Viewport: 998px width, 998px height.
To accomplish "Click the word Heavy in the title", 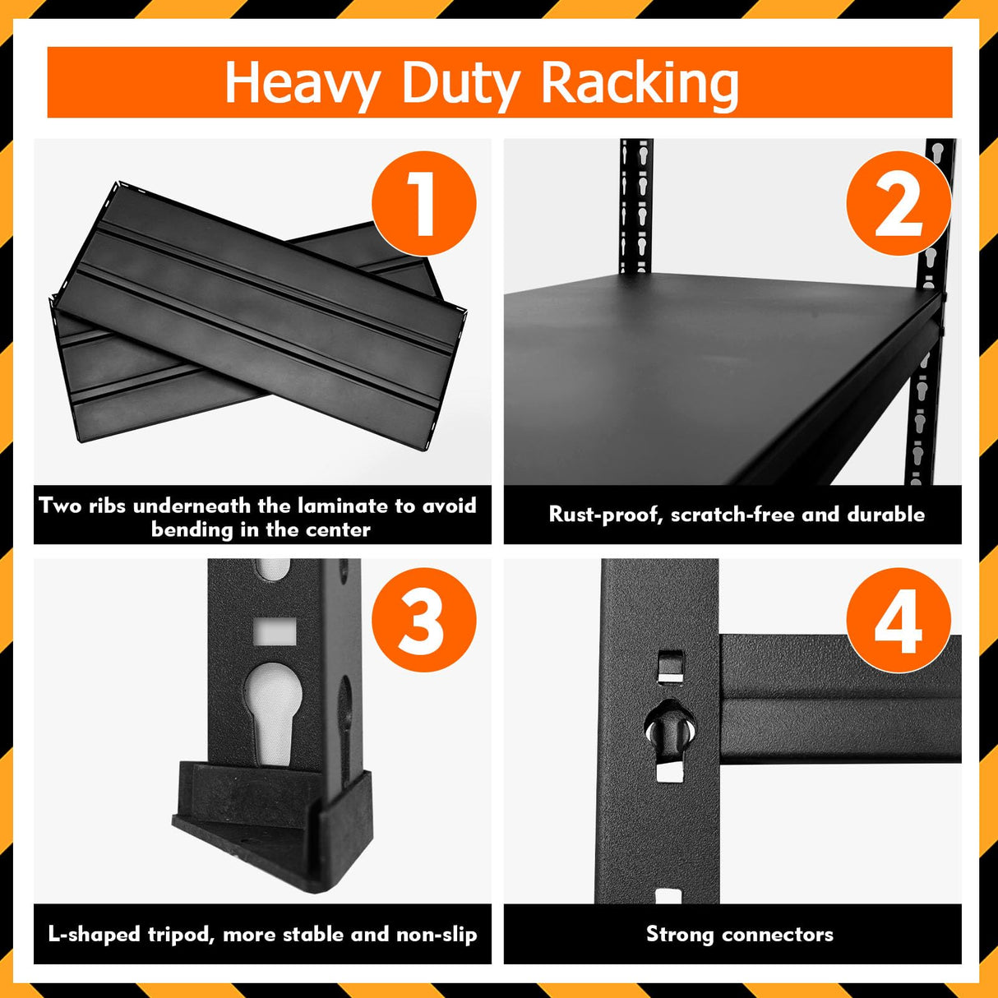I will pyautogui.click(x=303, y=84).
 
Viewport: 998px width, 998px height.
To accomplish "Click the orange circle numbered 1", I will pyautogui.click(x=424, y=204).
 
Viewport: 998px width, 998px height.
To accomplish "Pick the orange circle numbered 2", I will pyautogui.click(x=898, y=204).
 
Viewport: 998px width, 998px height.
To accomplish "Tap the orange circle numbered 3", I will pyautogui.click(x=424, y=620).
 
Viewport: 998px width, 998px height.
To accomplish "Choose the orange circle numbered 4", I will pyautogui.click(x=898, y=620).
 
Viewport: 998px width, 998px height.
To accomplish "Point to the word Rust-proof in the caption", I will pyautogui.click(x=606, y=515).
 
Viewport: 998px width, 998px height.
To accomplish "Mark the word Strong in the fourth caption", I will pyautogui.click(x=679, y=935).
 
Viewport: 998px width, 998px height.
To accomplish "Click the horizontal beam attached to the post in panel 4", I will pyautogui.click(x=839, y=699).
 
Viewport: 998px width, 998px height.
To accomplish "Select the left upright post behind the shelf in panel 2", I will pyautogui.click(x=635, y=206).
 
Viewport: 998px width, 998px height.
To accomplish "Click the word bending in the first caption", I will pyautogui.click(x=192, y=529).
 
